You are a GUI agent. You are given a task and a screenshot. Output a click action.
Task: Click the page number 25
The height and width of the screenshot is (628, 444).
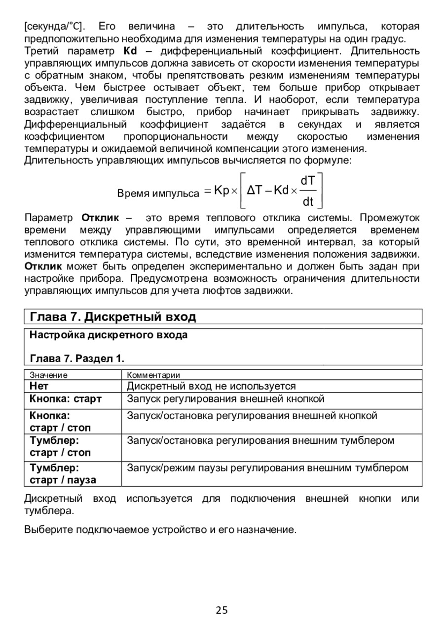(222, 610)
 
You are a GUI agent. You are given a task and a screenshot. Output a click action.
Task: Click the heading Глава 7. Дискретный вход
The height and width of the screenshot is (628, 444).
(113, 316)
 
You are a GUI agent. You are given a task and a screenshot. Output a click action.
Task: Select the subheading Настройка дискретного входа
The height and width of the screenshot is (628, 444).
(109, 335)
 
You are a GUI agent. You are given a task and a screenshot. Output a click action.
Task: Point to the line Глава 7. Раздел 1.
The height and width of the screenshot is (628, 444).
(77, 357)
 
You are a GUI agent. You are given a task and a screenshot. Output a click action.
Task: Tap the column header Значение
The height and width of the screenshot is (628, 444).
(48, 375)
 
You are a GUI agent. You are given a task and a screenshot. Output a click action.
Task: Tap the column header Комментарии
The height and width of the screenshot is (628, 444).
(153, 375)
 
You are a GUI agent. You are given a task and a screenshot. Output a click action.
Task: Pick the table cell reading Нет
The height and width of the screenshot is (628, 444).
(39, 386)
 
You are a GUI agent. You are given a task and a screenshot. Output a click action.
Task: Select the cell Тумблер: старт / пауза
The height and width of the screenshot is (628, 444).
(63, 473)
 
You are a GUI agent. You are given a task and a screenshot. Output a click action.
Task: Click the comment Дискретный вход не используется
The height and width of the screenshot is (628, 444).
(211, 386)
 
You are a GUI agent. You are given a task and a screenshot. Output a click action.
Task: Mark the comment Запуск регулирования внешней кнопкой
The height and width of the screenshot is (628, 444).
(225, 398)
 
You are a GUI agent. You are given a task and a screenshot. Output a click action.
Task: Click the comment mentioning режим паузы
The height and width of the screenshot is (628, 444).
(268, 467)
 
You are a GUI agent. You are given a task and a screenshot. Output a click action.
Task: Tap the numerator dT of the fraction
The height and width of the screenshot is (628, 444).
(308, 182)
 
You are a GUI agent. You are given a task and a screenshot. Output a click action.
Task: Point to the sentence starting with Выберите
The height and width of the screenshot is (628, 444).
(160, 530)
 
